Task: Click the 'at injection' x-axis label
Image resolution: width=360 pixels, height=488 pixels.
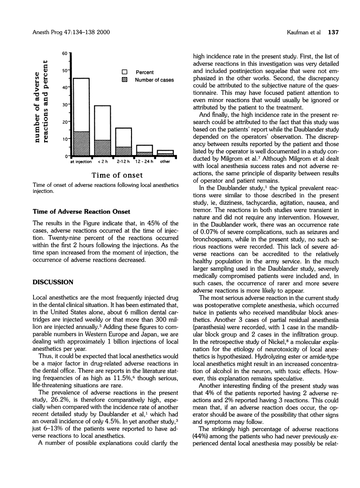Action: [81, 162]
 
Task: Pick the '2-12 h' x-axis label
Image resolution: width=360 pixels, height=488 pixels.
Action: [123, 162]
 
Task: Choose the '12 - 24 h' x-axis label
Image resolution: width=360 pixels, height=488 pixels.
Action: [144, 162]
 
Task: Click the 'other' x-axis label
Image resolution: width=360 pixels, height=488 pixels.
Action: [165, 162]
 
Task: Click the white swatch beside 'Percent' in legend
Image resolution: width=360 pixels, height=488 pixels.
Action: [124, 71]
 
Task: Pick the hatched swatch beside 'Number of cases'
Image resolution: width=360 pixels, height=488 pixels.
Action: [124, 80]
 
